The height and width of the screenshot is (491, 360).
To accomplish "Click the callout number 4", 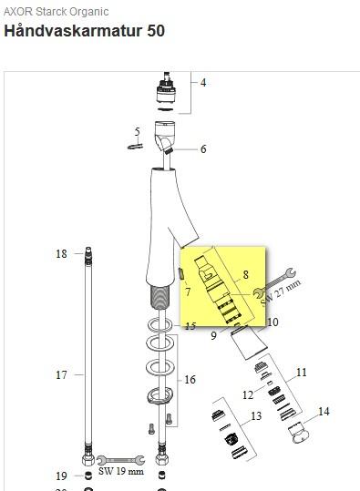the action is (203, 83).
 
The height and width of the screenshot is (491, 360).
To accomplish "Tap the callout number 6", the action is (203, 149).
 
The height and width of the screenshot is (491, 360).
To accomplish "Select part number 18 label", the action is (61, 253).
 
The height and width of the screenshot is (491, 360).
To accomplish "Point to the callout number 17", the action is (61, 374).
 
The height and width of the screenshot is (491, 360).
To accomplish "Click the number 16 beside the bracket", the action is (190, 380).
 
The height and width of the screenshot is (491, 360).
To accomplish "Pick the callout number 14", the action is (324, 411).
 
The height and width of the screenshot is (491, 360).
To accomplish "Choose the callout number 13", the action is (256, 415).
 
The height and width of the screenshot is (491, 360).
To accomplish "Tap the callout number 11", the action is (302, 373).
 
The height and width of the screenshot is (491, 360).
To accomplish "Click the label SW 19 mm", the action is (121, 471).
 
